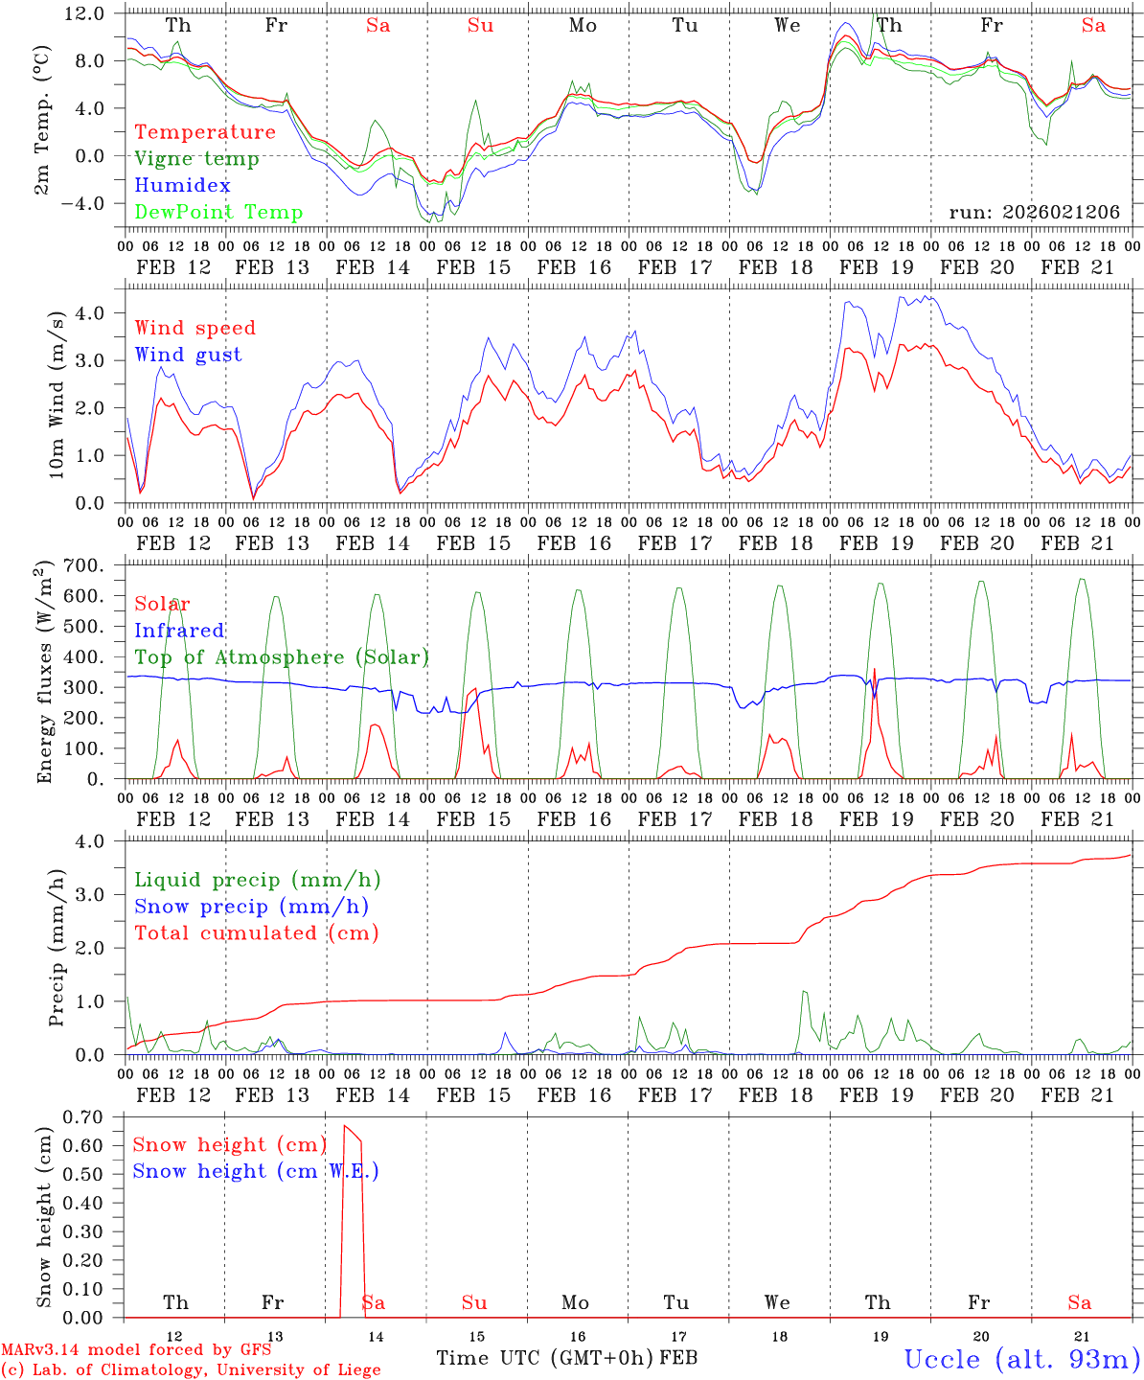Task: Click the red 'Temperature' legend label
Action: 204,132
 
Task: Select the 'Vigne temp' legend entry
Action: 196,159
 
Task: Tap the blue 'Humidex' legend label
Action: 182,186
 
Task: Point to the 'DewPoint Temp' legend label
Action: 218,213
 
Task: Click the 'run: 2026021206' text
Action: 1034,213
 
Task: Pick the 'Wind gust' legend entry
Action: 188,355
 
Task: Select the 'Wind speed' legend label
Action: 195,328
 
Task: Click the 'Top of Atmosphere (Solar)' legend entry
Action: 281,657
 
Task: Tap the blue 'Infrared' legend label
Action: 179,631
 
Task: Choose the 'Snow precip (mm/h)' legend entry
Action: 251,907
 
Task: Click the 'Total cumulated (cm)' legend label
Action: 256,933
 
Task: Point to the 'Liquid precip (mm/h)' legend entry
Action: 257,880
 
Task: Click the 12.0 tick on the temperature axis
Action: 84,13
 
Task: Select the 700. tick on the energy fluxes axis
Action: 84,565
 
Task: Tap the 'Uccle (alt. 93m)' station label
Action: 1020,1359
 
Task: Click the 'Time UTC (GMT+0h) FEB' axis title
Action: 566,1358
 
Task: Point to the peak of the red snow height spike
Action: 345,1125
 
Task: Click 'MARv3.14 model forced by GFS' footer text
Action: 136,1350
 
